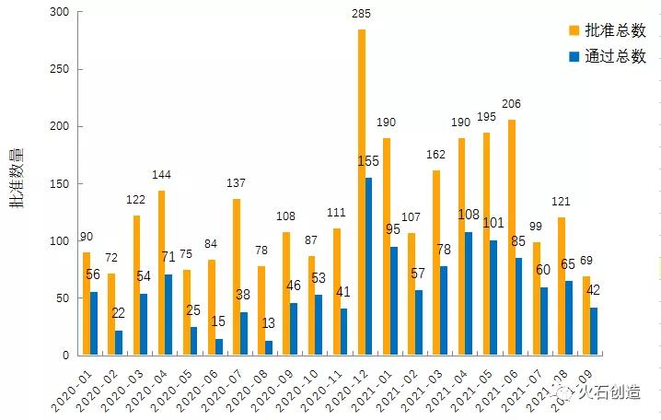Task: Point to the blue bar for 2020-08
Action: [269, 347]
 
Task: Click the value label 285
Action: [362, 14]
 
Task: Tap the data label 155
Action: [368, 162]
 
